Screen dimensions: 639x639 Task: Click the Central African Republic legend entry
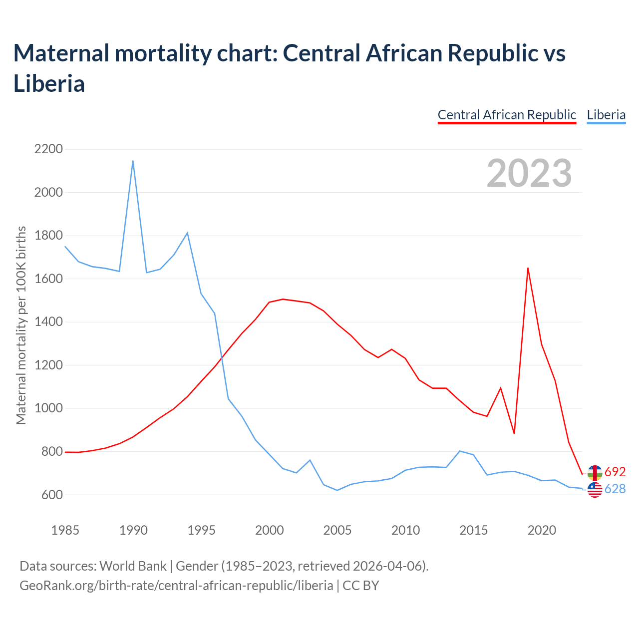pos(507,115)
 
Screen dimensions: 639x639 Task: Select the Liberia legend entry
pos(606,115)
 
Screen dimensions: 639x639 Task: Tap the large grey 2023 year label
pos(529,173)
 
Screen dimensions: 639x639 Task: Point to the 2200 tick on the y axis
pos(48,149)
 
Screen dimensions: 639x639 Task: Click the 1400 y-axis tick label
pos(48,322)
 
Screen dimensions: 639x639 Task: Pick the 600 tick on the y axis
pos(48,495)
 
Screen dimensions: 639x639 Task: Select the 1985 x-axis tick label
pos(65,530)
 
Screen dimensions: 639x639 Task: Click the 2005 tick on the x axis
pos(337,530)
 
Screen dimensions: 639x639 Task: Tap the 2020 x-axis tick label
pos(542,530)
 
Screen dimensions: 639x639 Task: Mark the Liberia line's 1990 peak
pos(133,161)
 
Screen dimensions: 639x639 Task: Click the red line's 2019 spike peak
pos(528,268)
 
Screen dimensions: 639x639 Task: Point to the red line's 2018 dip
pos(514,433)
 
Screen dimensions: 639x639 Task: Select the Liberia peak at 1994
pos(187,233)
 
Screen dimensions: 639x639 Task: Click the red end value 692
pos(615,472)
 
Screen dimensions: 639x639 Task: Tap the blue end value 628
pos(615,489)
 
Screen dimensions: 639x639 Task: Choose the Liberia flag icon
pos(595,490)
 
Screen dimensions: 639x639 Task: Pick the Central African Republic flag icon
pos(595,472)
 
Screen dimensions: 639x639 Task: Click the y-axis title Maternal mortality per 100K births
pos(21,325)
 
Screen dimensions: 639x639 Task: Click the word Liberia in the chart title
pos(49,83)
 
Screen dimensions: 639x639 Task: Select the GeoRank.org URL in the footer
pos(176,585)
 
